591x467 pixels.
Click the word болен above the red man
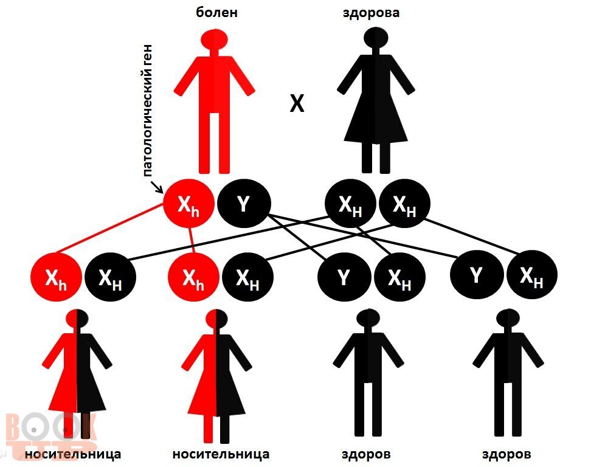click(216, 12)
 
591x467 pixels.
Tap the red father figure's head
click(213, 39)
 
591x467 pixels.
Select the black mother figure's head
click(376, 37)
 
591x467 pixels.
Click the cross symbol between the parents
click(297, 103)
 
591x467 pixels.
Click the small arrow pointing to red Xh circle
click(156, 186)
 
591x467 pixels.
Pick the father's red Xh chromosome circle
click(188, 204)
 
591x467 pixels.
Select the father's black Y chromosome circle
click(244, 204)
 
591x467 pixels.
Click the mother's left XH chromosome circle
click(351, 204)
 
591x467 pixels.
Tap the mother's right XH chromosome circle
click(404, 204)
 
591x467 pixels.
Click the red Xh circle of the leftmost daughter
click(56, 277)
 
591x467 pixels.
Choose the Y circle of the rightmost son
click(477, 275)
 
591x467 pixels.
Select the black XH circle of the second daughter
click(247, 277)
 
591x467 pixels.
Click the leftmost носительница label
click(73, 454)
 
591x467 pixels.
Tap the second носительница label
click(221, 454)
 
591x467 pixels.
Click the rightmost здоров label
click(506, 454)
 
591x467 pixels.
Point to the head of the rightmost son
click(508, 319)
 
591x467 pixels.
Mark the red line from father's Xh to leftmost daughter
click(110, 227)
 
